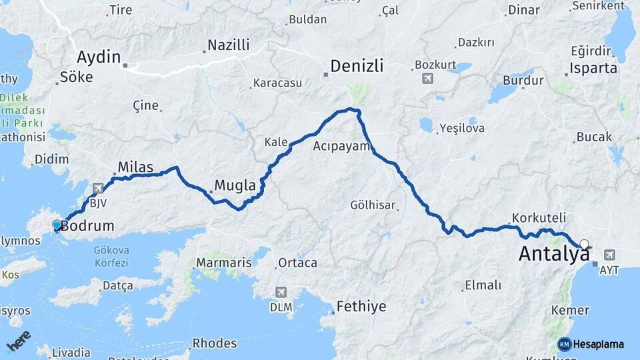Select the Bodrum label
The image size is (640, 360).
(87, 226)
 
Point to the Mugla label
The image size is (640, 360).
(235, 185)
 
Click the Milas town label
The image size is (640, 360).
(135, 167)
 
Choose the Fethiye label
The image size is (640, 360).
(361, 307)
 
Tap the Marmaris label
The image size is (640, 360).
(224, 263)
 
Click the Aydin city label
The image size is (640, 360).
(99, 56)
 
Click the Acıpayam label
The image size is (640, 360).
(341, 146)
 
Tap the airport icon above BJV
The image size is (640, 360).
(99, 189)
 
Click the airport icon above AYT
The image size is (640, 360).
(609, 255)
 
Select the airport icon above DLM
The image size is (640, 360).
(281, 292)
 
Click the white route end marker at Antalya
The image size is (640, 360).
(585, 244)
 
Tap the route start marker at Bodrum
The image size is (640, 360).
(57, 225)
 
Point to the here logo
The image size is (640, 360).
(18, 341)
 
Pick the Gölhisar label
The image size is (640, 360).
(373, 205)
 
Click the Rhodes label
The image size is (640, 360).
(214, 343)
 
